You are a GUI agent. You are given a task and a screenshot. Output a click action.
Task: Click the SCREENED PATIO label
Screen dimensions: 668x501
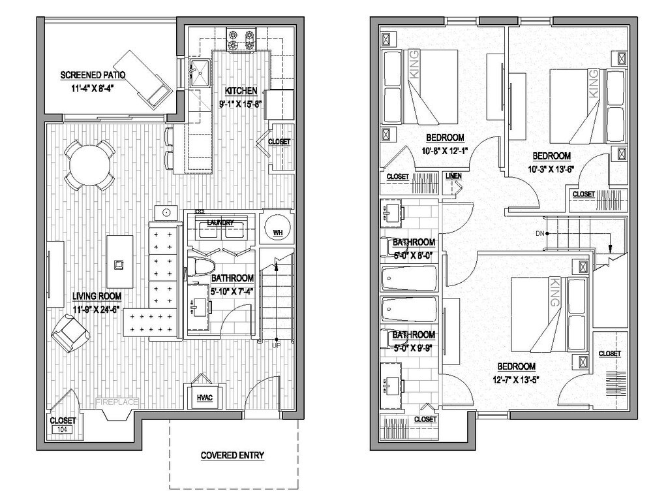point(93,75)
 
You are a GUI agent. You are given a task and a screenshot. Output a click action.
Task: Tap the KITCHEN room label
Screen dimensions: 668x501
point(241,91)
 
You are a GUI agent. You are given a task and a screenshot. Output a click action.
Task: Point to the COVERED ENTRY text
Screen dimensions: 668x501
point(232,455)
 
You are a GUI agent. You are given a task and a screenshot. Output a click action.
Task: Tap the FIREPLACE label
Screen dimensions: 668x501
point(117,402)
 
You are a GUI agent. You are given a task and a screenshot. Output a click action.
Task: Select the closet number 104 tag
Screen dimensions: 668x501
point(63,430)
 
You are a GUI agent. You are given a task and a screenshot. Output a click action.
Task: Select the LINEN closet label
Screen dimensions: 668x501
point(453,176)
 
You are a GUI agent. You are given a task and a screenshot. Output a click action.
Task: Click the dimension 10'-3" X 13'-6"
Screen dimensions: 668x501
point(551,169)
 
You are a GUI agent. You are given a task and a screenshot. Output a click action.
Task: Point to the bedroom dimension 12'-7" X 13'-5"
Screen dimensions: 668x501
point(516,378)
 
